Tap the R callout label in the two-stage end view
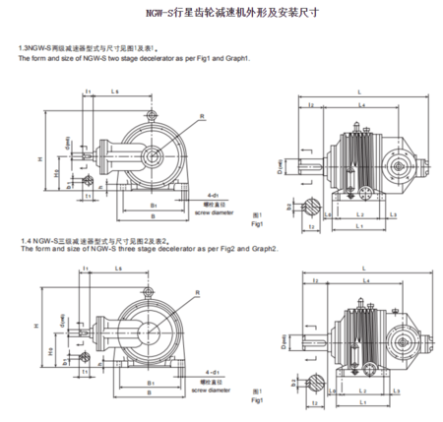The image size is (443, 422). coord(202,114)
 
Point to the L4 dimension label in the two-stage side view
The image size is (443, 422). coord(360,103)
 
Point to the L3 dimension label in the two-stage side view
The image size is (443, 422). coord(395,213)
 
